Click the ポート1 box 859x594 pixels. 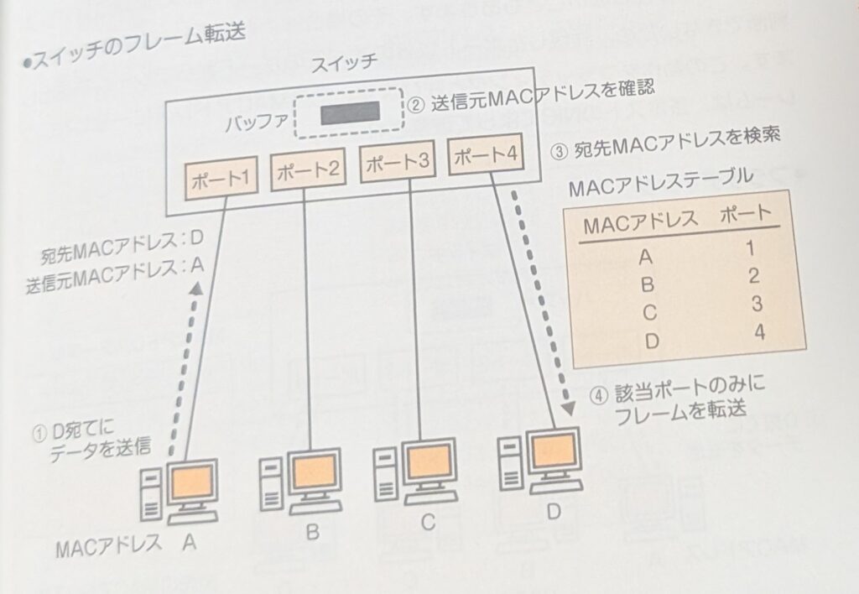219,178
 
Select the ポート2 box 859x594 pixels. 307,172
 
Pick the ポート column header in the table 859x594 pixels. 744,216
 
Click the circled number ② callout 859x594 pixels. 417,107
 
